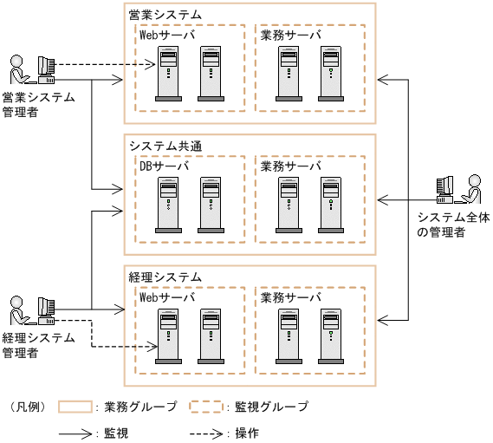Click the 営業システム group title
coord(165,15)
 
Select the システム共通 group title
coord(165,146)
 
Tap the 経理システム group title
coord(165,277)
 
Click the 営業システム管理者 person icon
coord(16,69)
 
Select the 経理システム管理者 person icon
coord(16,308)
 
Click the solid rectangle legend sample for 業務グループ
coord(76,406)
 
